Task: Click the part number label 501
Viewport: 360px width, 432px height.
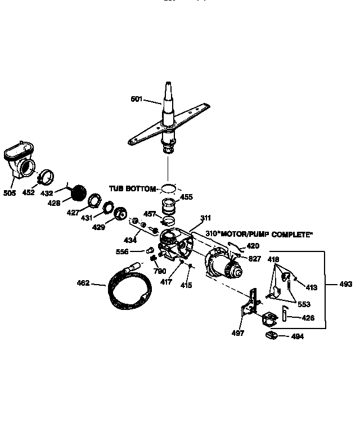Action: (x=136, y=99)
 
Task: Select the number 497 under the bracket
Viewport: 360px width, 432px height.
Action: (x=238, y=334)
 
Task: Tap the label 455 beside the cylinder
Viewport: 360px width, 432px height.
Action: (x=186, y=197)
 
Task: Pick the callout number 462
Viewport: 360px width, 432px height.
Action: (x=83, y=283)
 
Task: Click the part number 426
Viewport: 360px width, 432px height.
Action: (x=308, y=318)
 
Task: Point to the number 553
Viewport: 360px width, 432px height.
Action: (x=304, y=304)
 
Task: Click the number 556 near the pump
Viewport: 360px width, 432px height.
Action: (x=122, y=251)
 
